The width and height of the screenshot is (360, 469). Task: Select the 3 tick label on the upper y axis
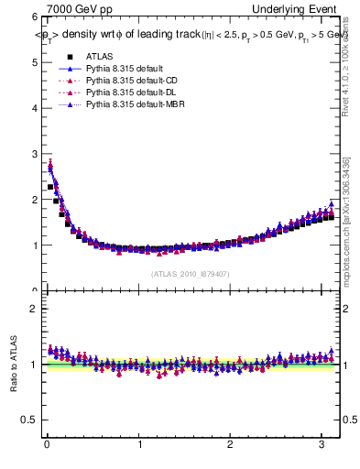(x=33, y=154)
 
